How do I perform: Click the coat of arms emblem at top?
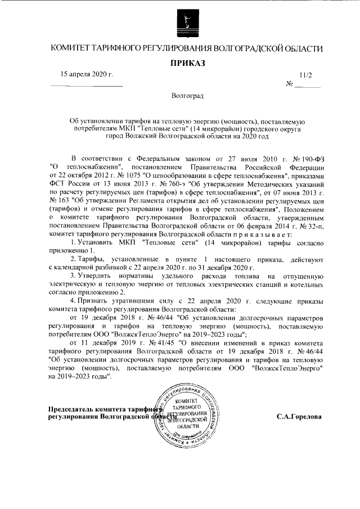click(x=180, y=22)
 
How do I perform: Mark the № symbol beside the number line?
click(x=290, y=85)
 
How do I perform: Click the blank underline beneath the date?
click(x=87, y=85)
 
